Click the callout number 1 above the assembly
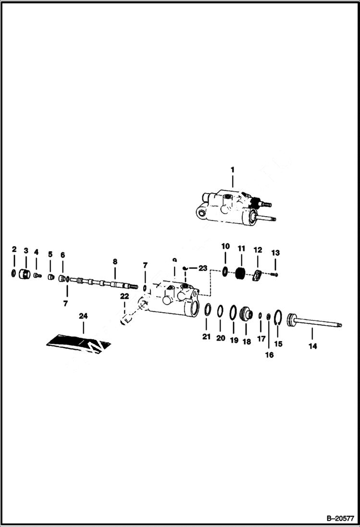click(232, 170)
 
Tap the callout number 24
click(83, 316)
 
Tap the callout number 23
click(203, 268)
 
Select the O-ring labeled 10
click(225, 272)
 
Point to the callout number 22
click(124, 295)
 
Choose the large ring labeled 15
click(277, 318)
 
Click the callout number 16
click(269, 355)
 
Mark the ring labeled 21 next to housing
click(207, 310)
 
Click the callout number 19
click(234, 340)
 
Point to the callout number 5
click(50, 254)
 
